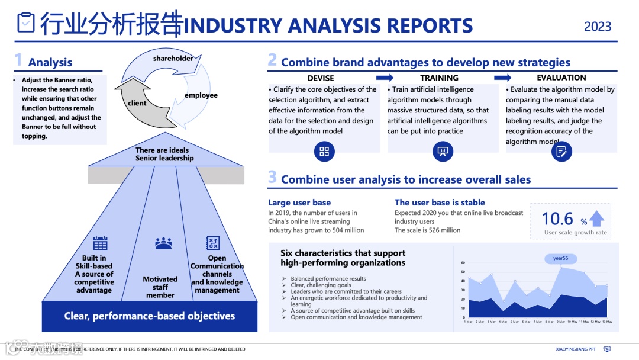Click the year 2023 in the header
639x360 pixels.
tap(598, 27)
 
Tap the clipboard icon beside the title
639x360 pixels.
tap(25, 23)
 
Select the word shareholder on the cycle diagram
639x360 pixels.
tap(173, 59)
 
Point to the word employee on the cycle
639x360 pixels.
tap(201, 95)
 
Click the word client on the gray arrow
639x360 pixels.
tap(137, 103)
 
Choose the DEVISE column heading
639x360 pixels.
tap(321, 78)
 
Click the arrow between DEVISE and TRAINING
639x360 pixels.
tap(385, 78)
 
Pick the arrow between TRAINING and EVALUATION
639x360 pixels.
tap(503, 78)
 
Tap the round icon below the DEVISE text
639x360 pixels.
tap(324, 151)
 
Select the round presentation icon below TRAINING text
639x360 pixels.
tap(443, 151)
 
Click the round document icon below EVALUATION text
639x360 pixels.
tap(561, 151)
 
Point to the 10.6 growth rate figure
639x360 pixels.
tap(557, 219)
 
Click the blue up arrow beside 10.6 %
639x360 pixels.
tap(596, 219)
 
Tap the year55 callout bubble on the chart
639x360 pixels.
tap(560, 259)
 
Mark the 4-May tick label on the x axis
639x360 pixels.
tap(503, 322)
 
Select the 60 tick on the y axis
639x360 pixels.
tap(463, 263)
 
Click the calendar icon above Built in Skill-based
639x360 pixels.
tap(100, 243)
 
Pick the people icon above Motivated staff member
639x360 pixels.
tap(163, 243)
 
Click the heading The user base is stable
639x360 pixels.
tap(440, 202)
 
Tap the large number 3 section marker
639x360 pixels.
tap(272, 177)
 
